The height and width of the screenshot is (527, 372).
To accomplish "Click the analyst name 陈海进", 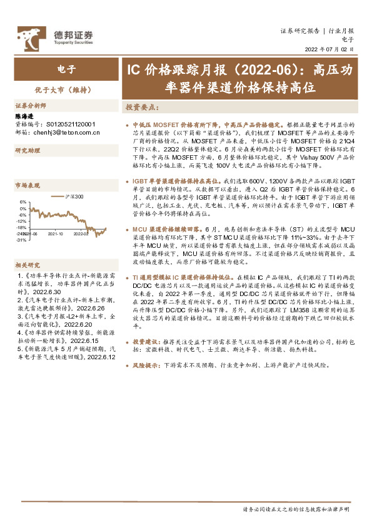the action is pyautogui.click(x=24, y=116).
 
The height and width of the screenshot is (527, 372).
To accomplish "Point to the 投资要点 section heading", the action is pyautogui.click(x=143, y=108).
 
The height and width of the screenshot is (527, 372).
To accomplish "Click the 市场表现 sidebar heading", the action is pyautogui.click(x=27, y=186).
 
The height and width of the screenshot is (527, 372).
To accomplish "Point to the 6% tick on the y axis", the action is pyautogui.click(x=23, y=202).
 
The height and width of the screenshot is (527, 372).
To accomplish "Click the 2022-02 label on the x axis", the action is pyautogui.click(x=81, y=233).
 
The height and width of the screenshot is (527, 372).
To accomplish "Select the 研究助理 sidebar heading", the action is pyautogui.click(x=27, y=151).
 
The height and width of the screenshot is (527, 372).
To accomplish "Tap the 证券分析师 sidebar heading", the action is pyautogui.click(x=29, y=106).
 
